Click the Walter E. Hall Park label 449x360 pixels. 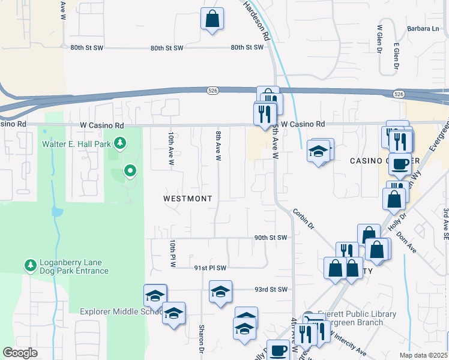(77, 144)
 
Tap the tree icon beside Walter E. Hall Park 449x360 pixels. (121, 143)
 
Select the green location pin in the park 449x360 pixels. (130, 172)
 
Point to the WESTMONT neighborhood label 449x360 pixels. (188, 197)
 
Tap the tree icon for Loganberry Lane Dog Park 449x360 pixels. (30, 265)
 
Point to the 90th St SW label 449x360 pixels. (271, 238)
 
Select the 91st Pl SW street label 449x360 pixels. (209, 268)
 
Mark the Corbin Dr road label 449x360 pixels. (304, 220)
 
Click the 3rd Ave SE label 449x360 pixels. (445, 221)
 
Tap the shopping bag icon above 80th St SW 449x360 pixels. (212, 19)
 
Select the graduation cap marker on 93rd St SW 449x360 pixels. (220, 292)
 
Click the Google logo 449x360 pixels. (20, 353)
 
